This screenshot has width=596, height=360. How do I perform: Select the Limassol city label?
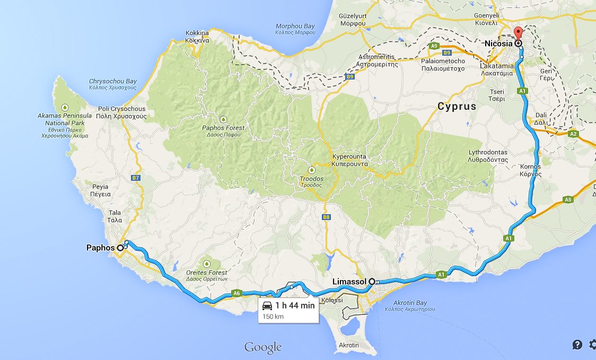tap(349, 282)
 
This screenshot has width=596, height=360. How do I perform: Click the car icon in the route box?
tap(268, 306)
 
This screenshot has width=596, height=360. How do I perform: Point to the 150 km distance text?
tap(273, 317)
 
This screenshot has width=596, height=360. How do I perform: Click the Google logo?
tap(262, 347)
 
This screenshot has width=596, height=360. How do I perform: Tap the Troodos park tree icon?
tap(311, 170)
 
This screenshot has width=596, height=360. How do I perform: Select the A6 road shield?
tap(237, 293)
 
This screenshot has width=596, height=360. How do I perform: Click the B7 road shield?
tap(136, 178)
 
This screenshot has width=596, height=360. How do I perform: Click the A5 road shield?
tap(568, 200)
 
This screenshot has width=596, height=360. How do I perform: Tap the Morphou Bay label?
tap(295, 29)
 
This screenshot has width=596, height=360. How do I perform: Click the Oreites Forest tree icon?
tap(207, 262)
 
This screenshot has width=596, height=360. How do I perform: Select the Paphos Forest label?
tap(223, 131)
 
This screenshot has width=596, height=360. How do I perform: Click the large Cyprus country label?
tap(457, 107)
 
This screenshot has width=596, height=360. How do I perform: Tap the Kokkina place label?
tap(197, 37)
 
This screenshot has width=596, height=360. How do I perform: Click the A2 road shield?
tap(573, 134)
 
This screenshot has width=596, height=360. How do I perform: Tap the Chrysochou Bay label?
tap(113, 84)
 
